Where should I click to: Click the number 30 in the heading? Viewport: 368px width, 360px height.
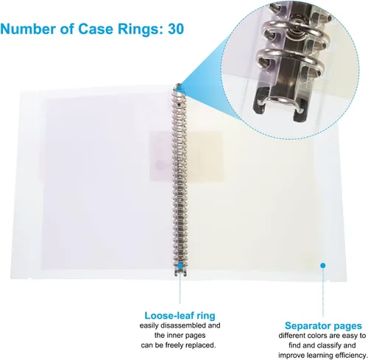pyautogui.click(x=176, y=29)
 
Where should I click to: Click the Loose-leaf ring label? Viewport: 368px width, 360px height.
pyautogui.click(x=180, y=315)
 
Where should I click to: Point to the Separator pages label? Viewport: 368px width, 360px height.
pyautogui.click(x=323, y=326)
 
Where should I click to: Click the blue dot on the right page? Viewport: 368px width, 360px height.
pyautogui.click(x=323, y=265)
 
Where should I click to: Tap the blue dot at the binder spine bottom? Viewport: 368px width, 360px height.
pyautogui.click(x=180, y=266)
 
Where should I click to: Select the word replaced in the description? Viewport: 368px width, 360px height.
pyautogui.click(x=201, y=345)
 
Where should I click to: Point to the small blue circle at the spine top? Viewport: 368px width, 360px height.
pyautogui.click(x=178, y=86)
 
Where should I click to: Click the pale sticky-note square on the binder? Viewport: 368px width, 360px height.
pyautogui.click(x=186, y=156)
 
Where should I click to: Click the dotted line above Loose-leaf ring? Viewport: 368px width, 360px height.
pyautogui.click(x=180, y=286)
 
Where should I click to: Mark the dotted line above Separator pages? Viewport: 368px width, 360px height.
pyautogui.click(x=323, y=292)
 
